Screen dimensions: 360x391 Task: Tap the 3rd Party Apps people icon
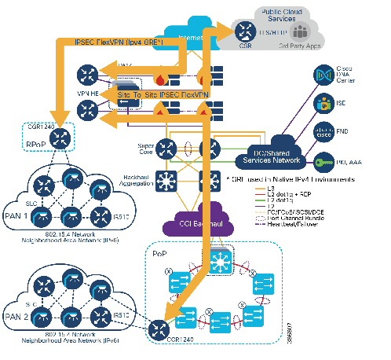(302, 32)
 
